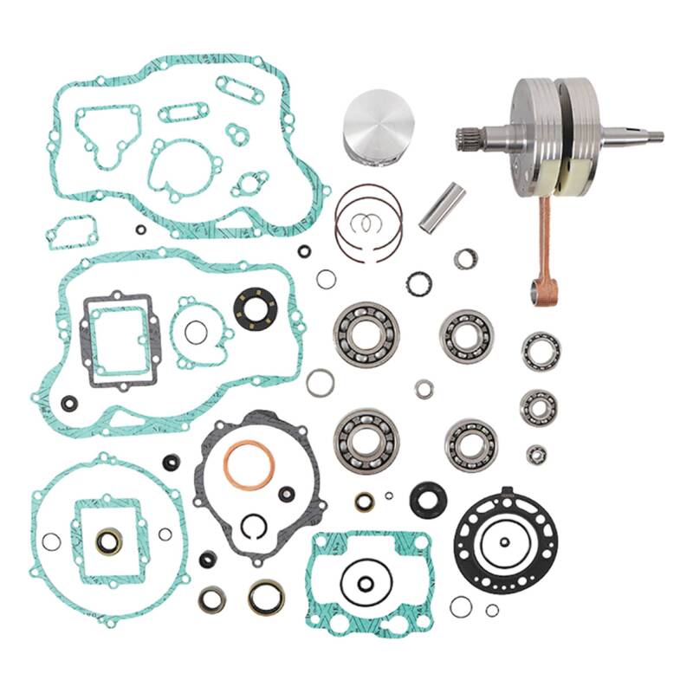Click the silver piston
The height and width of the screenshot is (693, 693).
[x=375, y=127]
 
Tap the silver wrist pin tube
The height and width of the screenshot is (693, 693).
[x=442, y=207]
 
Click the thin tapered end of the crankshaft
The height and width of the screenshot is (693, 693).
[x=645, y=135]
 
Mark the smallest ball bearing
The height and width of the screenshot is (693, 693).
[x=536, y=454]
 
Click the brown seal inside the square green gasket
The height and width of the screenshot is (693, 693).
[x=109, y=541]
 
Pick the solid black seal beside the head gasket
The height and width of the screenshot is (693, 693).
[x=427, y=499]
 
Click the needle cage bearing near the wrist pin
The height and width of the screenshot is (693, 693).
[x=466, y=257]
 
